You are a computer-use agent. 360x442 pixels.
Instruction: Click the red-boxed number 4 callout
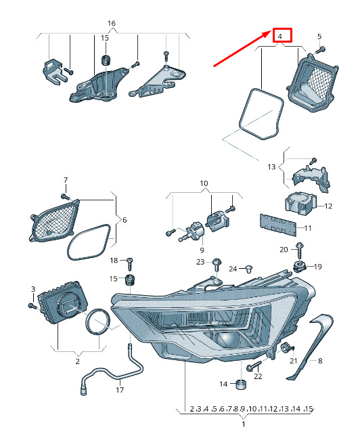click(282, 35)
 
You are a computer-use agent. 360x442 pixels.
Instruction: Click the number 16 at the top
click(112, 23)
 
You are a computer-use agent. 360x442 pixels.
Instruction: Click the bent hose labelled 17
click(113, 372)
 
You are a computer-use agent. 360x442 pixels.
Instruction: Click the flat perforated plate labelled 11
click(278, 225)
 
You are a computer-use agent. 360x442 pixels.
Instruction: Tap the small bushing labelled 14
click(241, 384)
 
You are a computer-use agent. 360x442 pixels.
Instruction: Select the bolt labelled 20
click(299, 250)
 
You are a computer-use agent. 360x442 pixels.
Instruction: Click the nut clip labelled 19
click(299, 266)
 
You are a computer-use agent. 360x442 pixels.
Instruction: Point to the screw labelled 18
click(130, 263)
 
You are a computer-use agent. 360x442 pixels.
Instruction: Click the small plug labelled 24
click(248, 269)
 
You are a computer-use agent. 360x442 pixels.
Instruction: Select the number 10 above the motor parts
click(204, 184)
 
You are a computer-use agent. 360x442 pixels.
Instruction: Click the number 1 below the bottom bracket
click(244, 424)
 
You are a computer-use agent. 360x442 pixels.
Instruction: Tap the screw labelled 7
click(65, 196)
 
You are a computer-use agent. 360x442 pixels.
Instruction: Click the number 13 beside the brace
click(271, 167)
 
